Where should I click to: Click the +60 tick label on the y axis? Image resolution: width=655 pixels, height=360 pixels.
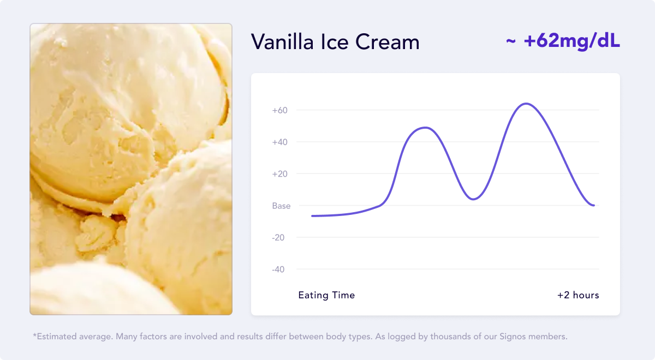point(280,110)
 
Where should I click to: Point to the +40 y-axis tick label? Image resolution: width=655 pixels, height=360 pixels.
point(280,142)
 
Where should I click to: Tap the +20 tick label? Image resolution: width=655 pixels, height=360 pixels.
point(280,174)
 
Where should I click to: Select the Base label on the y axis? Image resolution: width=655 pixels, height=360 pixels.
point(281,206)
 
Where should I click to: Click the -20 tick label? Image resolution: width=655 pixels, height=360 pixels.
point(278,238)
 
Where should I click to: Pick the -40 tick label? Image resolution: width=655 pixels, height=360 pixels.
point(278,269)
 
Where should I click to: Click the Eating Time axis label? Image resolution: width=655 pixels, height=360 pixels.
point(326,296)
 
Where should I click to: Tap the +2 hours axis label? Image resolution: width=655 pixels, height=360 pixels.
point(578,296)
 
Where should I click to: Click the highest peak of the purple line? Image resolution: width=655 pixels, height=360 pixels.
point(526,104)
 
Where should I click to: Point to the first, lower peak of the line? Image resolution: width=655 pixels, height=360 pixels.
point(425,128)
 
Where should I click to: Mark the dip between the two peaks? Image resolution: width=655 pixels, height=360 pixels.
point(473,199)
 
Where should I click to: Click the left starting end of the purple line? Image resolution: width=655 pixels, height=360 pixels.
point(312,216)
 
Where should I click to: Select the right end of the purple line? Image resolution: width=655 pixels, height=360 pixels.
point(594,206)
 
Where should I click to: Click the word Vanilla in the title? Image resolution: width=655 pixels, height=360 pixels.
point(283,42)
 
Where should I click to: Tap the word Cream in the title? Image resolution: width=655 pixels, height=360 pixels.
point(388,42)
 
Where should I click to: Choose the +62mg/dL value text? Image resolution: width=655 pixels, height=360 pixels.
point(572,41)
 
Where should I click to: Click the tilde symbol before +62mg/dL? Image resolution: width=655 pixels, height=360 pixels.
point(511,41)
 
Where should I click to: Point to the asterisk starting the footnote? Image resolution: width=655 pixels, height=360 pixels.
point(34,335)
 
